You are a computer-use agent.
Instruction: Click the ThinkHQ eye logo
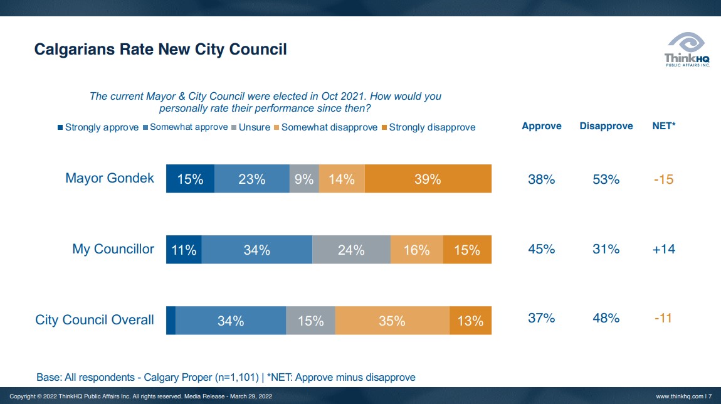pos(687,43)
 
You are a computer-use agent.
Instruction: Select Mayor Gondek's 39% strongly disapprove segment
pos(428,179)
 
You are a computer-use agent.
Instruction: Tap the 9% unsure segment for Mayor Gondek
pos(304,179)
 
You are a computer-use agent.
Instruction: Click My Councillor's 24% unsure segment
pos(351,250)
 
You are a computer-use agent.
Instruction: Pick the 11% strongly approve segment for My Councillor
pos(184,250)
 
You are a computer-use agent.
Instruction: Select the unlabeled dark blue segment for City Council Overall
pos(171,321)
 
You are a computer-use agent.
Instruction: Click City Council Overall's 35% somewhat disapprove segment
pos(392,321)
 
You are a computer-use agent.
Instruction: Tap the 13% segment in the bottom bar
pos(470,321)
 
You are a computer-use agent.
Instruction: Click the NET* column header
pos(663,126)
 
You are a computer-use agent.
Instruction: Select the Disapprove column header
pos(606,126)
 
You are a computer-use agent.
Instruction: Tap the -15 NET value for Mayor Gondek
pos(663,179)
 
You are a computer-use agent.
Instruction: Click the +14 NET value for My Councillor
pos(663,249)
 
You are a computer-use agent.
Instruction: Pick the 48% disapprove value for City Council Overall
pos(606,318)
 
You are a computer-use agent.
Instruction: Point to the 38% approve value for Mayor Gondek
pos(541,179)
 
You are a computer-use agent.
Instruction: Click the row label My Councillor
pos(113,249)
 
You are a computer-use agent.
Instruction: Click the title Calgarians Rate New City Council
pos(161,50)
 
